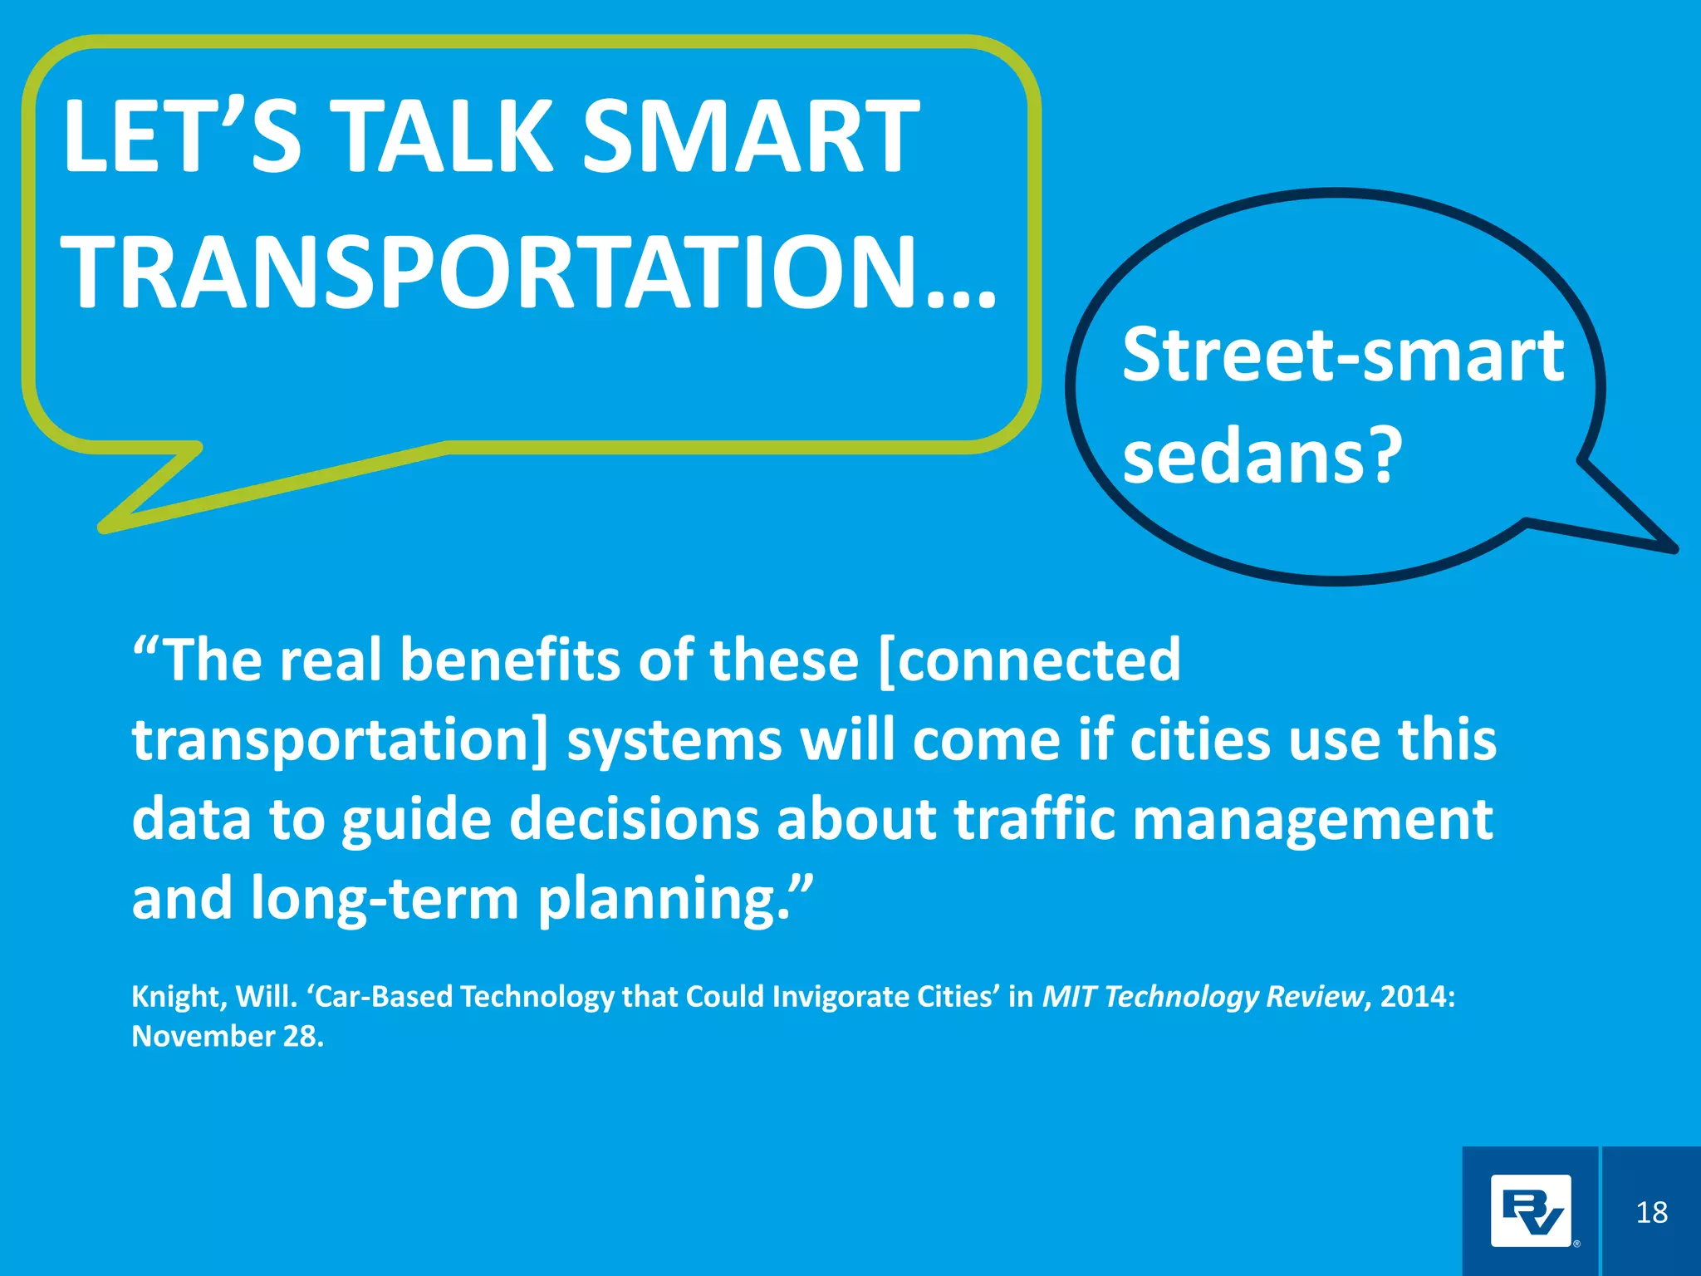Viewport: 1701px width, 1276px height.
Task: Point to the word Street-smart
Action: click(x=1342, y=356)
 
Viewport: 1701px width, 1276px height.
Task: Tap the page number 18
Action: click(x=1651, y=1213)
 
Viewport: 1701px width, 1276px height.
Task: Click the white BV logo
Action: click(x=1530, y=1211)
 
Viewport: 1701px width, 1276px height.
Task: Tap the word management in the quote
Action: click(x=1313, y=821)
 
